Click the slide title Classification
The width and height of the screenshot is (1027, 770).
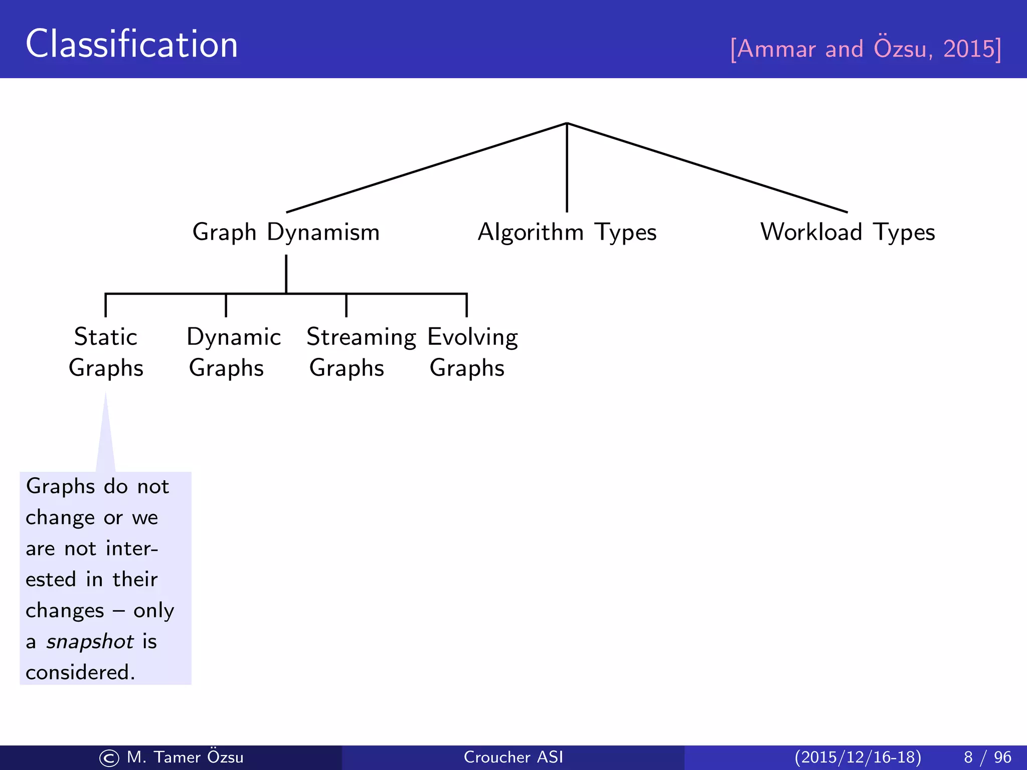pyautogui.click(x=131, y=44)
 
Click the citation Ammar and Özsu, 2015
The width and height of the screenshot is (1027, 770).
pyautogui.click(x=866, y=49)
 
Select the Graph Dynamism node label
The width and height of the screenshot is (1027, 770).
pyautogui.click(x=286, y=233)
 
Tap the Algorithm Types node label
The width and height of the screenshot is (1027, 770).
pyautogui.click(x=567, y=233)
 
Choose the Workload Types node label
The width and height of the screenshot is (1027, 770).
pyautogui.click(x=847, y=233)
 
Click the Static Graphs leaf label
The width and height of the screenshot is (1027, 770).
pyautogui.click(x=106, y=352)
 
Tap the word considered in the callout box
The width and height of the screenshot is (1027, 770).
pyautogui.click(x=79, y=673)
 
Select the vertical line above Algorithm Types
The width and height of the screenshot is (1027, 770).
pyautogui.click(x=567, y=168)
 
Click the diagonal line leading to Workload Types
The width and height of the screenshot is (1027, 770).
pyautogui.click(x=707, y=168)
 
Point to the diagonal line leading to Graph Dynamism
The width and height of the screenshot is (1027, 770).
pyautogui.click(x=426, y=168)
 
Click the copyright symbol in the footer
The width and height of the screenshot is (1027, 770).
pyautogui.click(x=109, y=758)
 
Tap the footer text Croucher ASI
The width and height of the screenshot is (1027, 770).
pyautogui.click(x=513, y=757)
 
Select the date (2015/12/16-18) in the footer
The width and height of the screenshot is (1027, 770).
pyautogui.click(x=858, y=757)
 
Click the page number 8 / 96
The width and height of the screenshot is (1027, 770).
pyautogui.click(x=987, y=757)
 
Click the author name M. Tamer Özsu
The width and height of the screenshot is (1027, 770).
pyautogui.click(x=185, y=757)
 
